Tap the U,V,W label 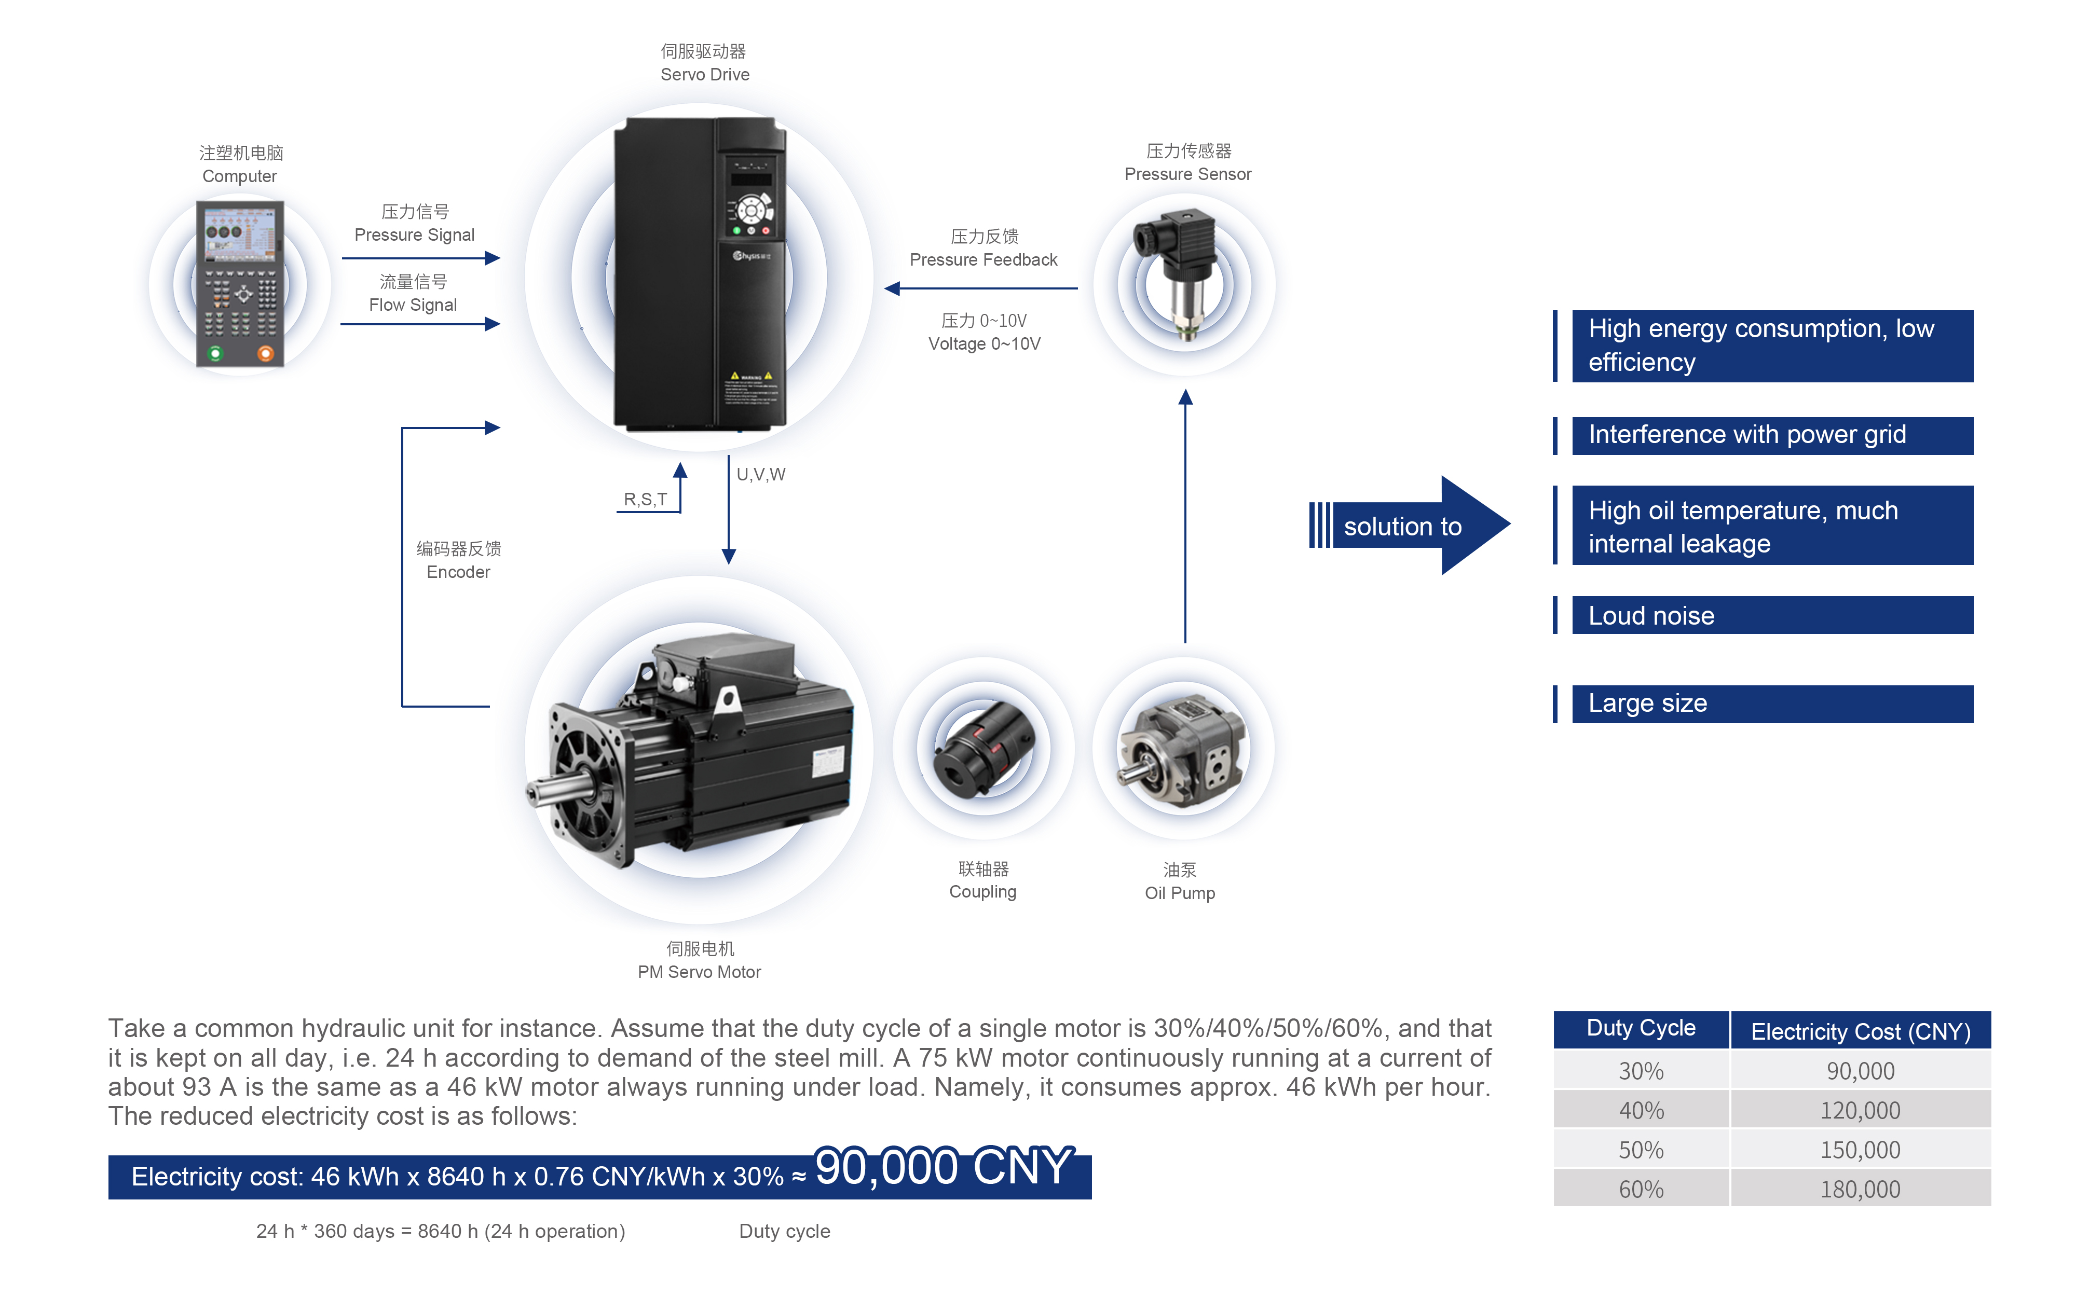click(x=761, y=474)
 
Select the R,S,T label click(x=645, y=499)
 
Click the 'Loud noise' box click(x=1771, y=616)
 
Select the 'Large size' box click(x=1771, y=703)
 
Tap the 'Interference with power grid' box click(x=1771, y=435)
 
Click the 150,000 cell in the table click(x=1860, y=1150)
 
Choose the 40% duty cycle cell click(x=1640, y=1110)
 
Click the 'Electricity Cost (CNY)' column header click(x=1860, y=1031)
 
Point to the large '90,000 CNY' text click(x=943, y=1167)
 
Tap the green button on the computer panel click(x=215, y=353)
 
